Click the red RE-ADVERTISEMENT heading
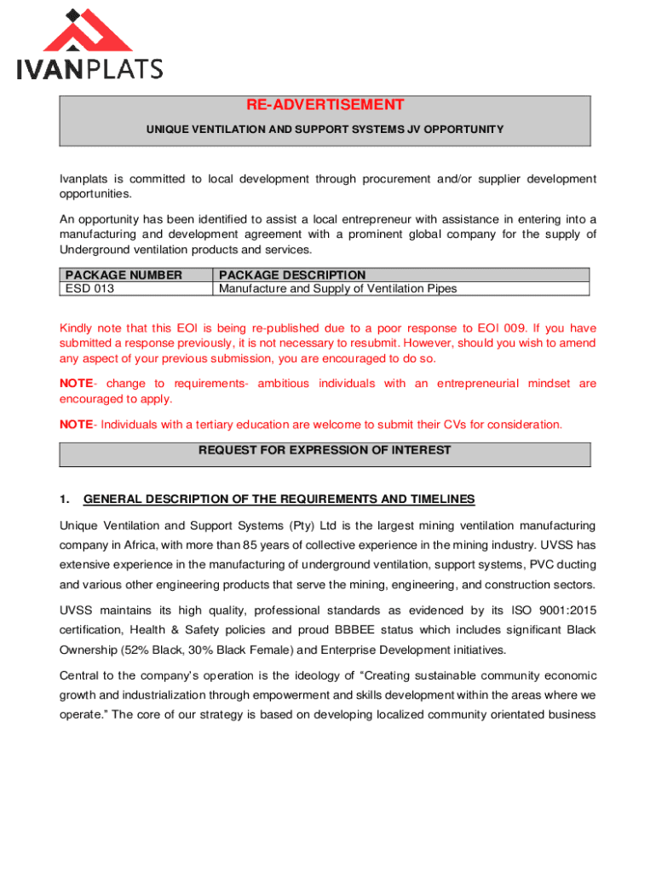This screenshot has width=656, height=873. (x=325, y=105)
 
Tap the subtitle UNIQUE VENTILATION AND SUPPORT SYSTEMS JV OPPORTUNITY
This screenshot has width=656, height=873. (x=325, y=130)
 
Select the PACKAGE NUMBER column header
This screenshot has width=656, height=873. (x=124, y=275)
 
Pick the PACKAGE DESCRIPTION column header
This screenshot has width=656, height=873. (x=292, y=275)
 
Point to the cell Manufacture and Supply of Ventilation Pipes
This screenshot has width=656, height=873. (x=337, y=288)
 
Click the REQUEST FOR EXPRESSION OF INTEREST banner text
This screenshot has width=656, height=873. (x=325, y=450)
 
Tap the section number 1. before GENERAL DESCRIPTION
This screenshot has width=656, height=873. (x=65, y=499)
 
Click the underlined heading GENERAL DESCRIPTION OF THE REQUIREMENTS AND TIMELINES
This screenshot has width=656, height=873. (x=279, y=499)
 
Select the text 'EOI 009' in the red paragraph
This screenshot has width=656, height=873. (x=507, y=328)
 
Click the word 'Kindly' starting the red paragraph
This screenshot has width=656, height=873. (x=75, y=328)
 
